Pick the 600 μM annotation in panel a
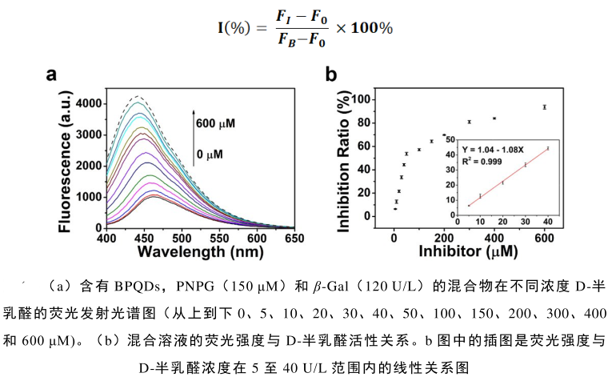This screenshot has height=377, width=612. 216,123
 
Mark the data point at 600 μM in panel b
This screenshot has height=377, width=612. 545,106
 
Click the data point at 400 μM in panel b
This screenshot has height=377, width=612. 494,118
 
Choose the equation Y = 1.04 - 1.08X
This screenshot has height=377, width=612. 498,150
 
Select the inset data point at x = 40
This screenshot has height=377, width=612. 548,148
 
